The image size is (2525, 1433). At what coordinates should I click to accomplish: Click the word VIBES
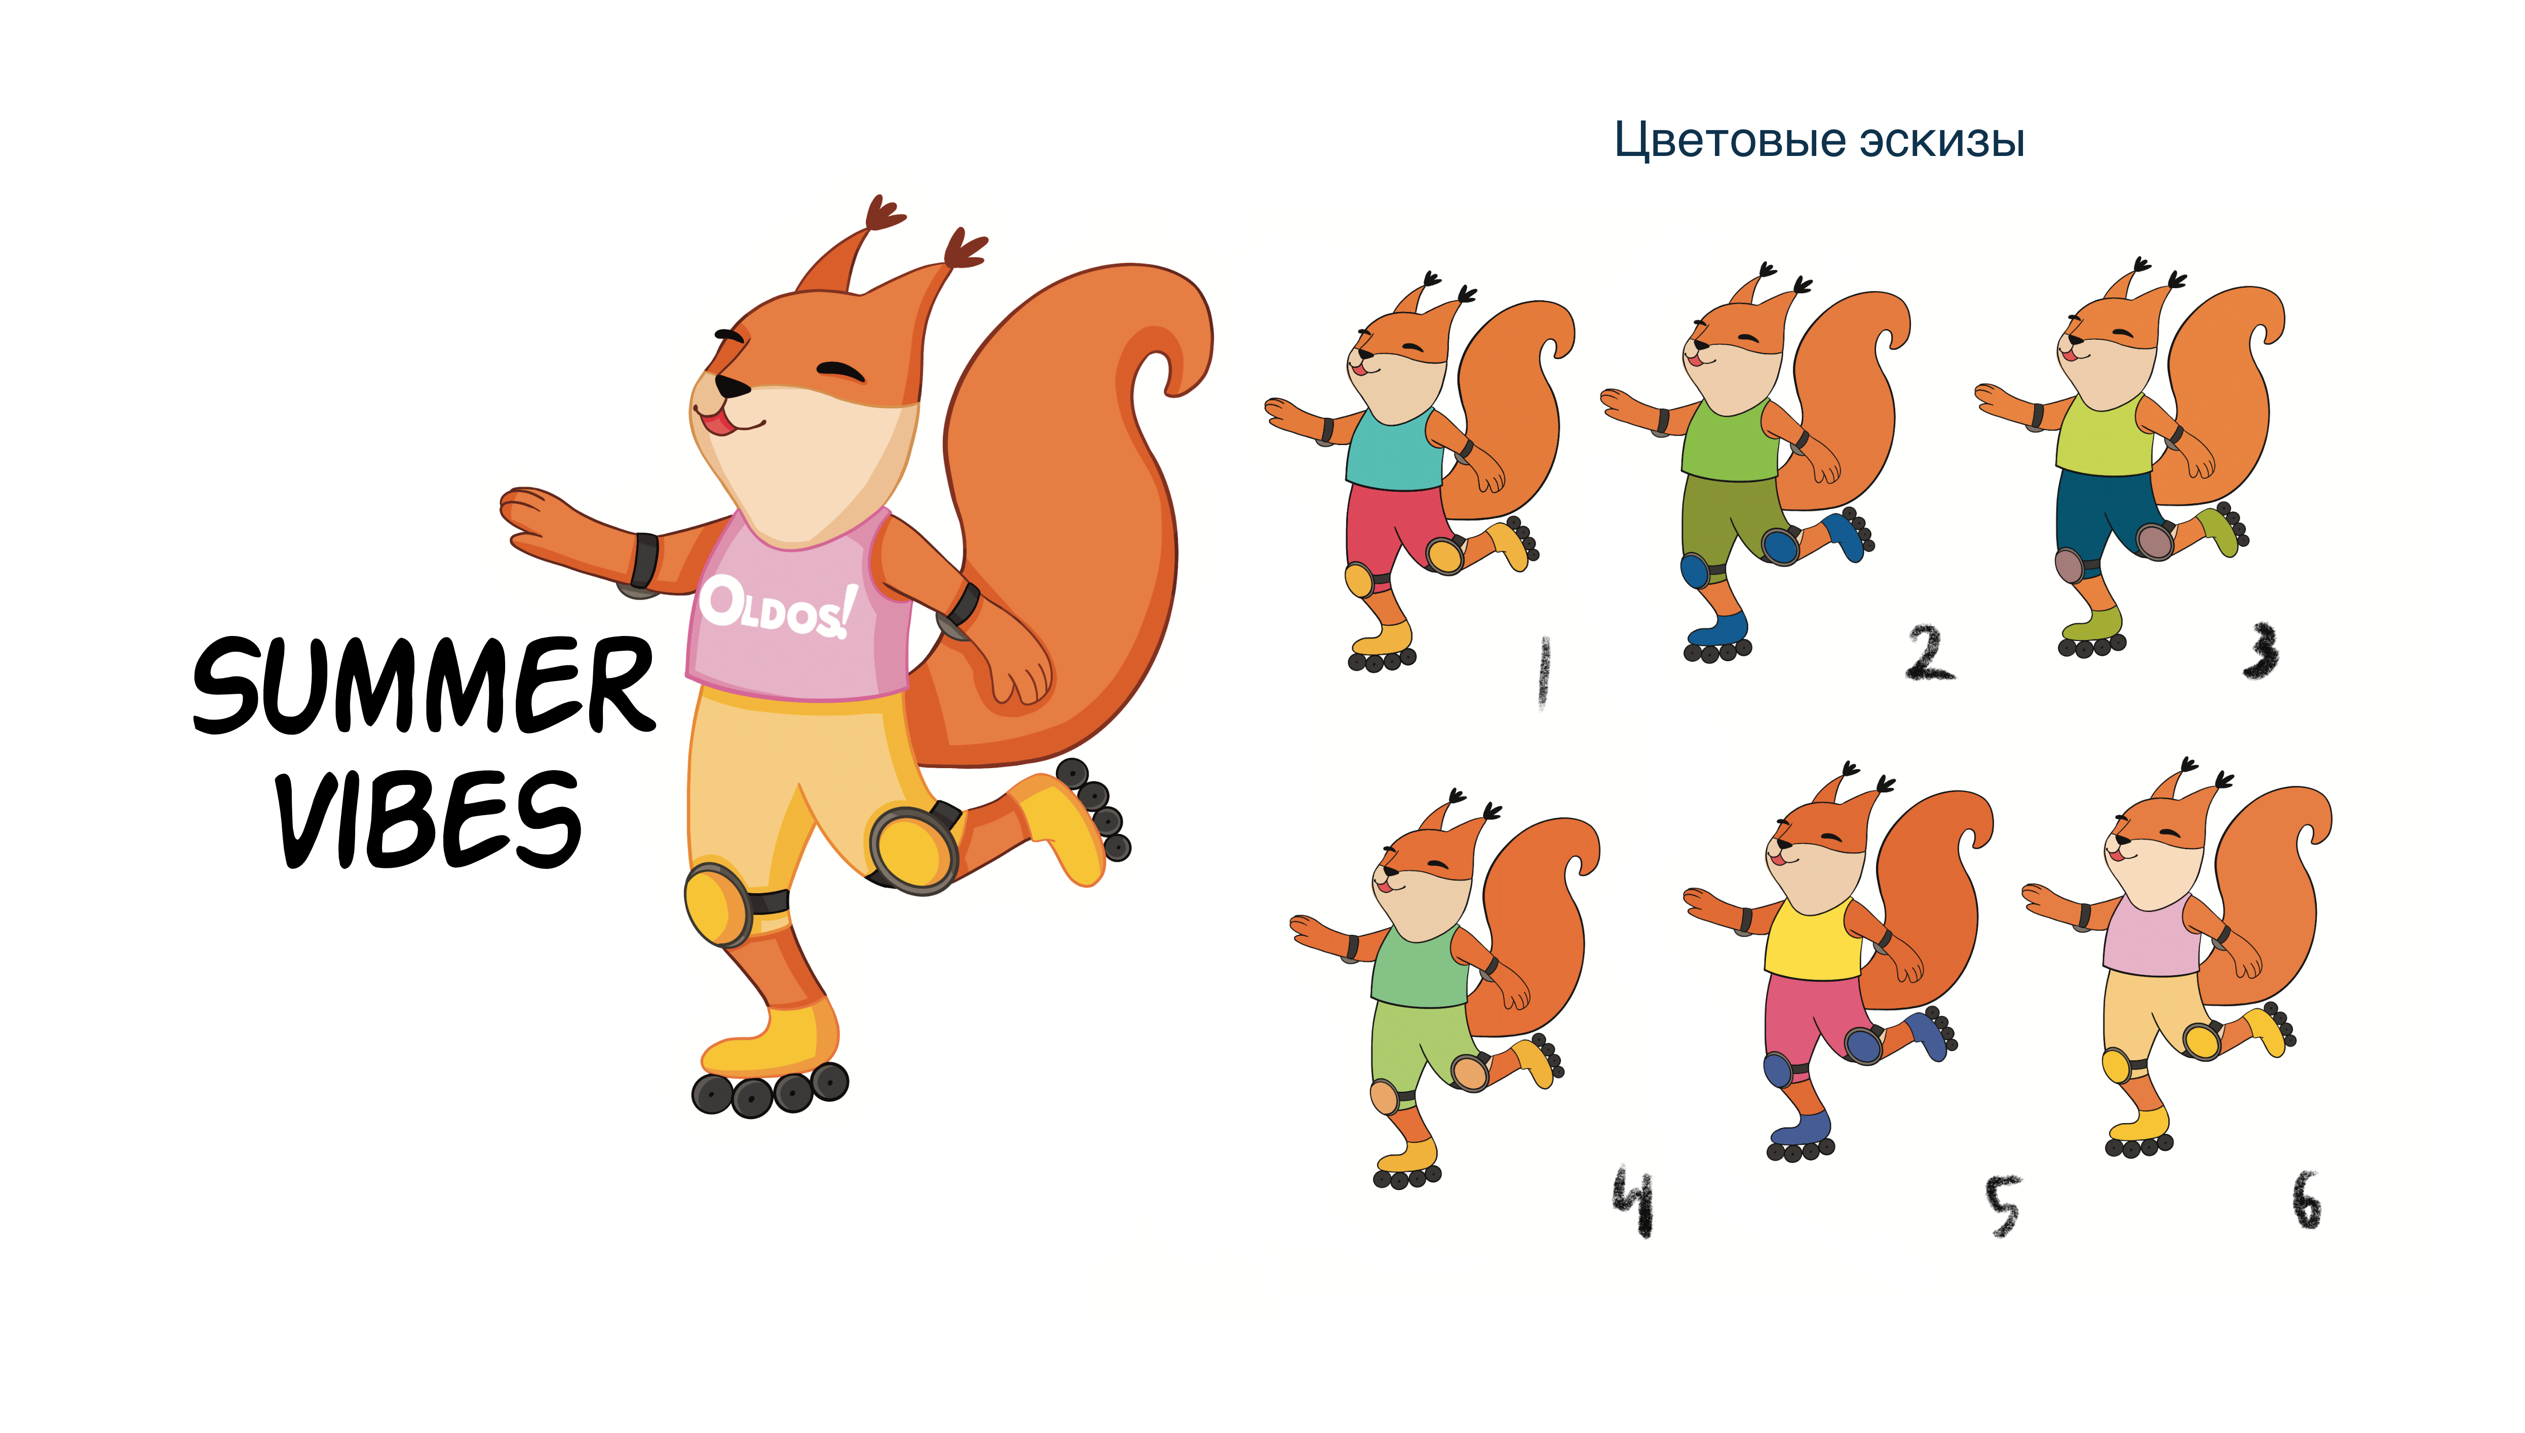[429, 819]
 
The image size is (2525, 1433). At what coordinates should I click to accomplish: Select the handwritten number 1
[1544, 671]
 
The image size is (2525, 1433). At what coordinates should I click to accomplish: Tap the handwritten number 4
[1633, 1201]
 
